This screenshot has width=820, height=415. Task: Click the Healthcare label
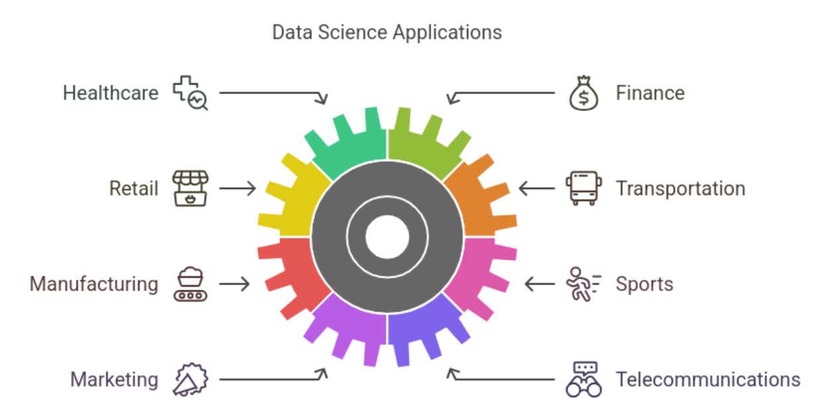(x=111, y=93)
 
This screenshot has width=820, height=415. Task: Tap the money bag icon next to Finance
(x=584, y=93)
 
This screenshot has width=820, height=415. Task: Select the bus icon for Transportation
(x=584, y=188)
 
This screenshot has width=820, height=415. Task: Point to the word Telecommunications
(x=708, y=379)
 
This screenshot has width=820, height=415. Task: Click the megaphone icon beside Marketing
(x=190, y=379)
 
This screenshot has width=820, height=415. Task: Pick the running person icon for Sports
(x=584, y=284)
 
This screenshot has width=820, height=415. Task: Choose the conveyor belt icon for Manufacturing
(x=190, y=284)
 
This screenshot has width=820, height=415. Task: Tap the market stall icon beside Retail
(x=190, y=188)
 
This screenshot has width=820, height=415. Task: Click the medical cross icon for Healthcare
(x=190, y=93)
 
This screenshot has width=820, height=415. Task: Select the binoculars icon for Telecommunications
(x=584, y=379)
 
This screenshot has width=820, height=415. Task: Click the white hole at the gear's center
(x=387, y=237)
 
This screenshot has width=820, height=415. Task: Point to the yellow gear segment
(x=293, y=198)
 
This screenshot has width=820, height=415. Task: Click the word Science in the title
(x=352, y=32)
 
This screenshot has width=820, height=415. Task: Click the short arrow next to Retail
(x=238, y=188)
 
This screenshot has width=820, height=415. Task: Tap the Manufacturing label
(x=94, y=284)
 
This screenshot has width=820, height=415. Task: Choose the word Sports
(x=644, y=284)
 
